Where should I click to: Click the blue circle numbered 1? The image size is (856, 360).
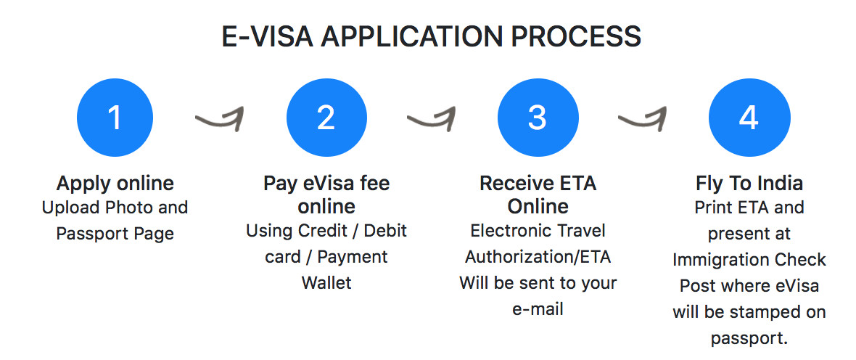coord(115,117)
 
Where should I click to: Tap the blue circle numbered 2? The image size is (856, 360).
coord(326,117)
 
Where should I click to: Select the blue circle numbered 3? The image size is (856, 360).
coord(538,117)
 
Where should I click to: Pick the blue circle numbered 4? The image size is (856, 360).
coord(749,117)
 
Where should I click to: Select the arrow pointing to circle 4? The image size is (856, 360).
coord(643,118)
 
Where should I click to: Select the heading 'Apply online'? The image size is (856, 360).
coord(115,183)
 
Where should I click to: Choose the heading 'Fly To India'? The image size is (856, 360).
coord(749,183)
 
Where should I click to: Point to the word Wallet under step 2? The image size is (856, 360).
coord(326,282)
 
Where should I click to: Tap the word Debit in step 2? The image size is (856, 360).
coord(385,231)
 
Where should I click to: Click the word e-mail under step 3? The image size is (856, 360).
coord(538,309)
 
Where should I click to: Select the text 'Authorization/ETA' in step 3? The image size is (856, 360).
coord(538,257)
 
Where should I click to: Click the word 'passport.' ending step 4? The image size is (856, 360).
coord(749,338)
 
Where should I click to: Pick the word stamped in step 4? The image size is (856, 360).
coord(764,312)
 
